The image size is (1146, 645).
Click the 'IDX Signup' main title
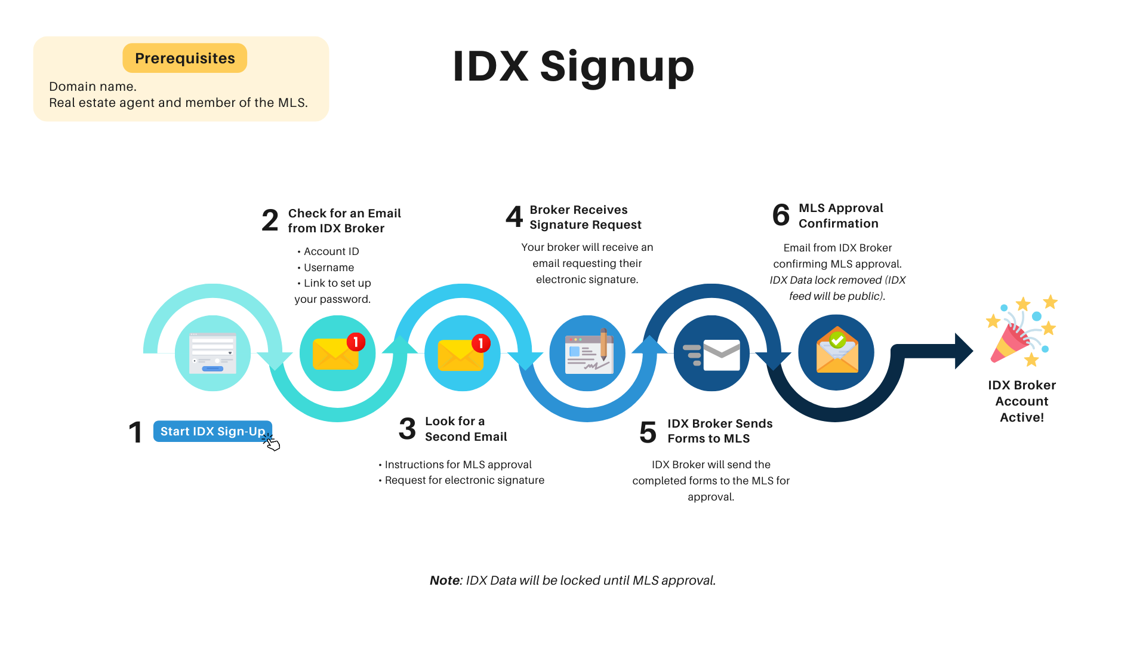[x=573, y=66]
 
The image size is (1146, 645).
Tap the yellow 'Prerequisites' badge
[x=184, y=58]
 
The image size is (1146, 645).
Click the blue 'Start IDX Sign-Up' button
[x=212, y=431]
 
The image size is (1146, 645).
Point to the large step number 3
[x=407, y=429]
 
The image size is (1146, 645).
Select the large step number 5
[x=648, y=432]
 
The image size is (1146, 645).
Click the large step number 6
[x=781, y=215]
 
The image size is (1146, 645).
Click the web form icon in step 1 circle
[x=212, y=353]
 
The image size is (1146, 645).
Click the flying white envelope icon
[x=713, y=354]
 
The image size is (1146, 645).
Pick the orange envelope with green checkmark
[x=837, y=352]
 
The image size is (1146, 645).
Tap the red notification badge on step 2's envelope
[x=356, y=342]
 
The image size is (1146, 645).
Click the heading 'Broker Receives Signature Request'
[x=585, y=217]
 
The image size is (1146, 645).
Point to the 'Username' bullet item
[x=328, y=268]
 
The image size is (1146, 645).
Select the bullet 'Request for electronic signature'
[x=464, y=480]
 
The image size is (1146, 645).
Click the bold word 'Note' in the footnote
[x=445, y=580]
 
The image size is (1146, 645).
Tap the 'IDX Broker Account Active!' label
[x=1022, y=401]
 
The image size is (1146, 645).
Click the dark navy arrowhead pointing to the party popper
[x=963, y=351]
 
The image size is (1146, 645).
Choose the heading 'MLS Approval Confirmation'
[x=840, y=216]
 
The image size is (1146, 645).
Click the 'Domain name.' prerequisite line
[x=93, y=87]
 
